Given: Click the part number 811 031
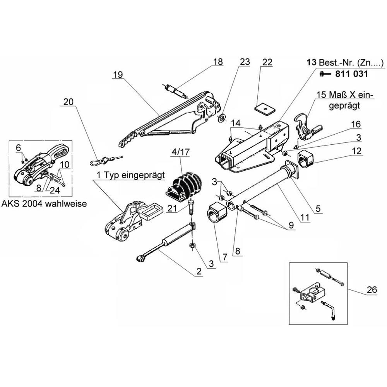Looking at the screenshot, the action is click(351, 74).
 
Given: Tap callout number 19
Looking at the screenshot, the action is click(118, 74).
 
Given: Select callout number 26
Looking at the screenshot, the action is click(372, 289).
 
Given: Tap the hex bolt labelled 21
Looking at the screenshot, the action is click(191, 208).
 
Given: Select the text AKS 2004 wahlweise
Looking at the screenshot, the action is click(44, 204).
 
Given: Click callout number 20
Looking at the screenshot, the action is click(68, 101).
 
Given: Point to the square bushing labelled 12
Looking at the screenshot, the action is click(305, 160).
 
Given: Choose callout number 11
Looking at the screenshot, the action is click(305, 217).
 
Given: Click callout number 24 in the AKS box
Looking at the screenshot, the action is click(55, 190).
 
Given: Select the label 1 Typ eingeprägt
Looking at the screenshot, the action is click(130, 175).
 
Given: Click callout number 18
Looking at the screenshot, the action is click(218, 62).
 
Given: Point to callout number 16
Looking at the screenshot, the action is click(356, 124).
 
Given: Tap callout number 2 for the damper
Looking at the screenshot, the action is click(199, 271).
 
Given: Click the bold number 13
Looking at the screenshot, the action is click(312, 62).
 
